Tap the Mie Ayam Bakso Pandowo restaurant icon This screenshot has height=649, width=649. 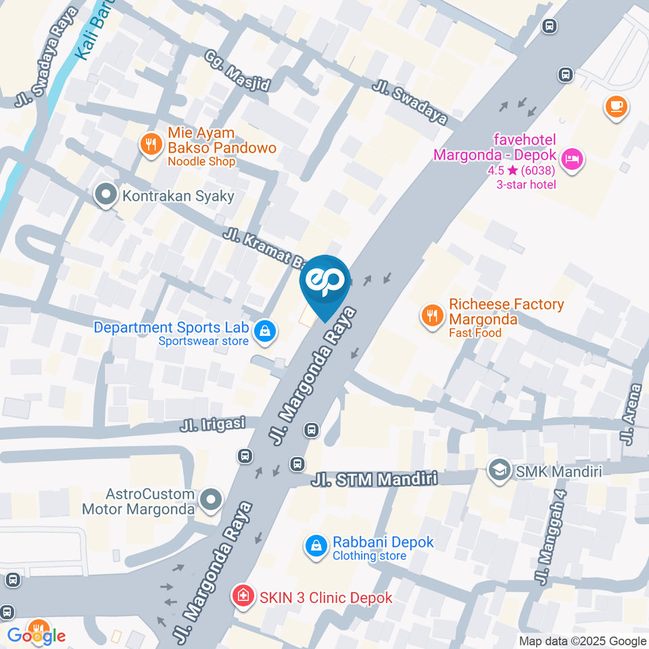point(149,143)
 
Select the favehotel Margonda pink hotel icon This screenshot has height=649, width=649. point(573,161)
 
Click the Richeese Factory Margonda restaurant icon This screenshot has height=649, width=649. point(431,315)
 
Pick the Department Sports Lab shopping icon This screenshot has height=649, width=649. point(265,331)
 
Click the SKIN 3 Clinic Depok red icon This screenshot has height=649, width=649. point(242,596)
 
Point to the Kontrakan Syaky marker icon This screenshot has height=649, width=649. point(105,196)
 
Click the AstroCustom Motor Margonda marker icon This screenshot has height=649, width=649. point(212,501)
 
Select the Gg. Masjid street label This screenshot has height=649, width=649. point(237,70)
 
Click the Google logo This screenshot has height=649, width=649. point(37,635)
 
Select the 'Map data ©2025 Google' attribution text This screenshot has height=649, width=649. point(582,641)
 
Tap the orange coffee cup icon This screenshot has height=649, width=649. point(616,106)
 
